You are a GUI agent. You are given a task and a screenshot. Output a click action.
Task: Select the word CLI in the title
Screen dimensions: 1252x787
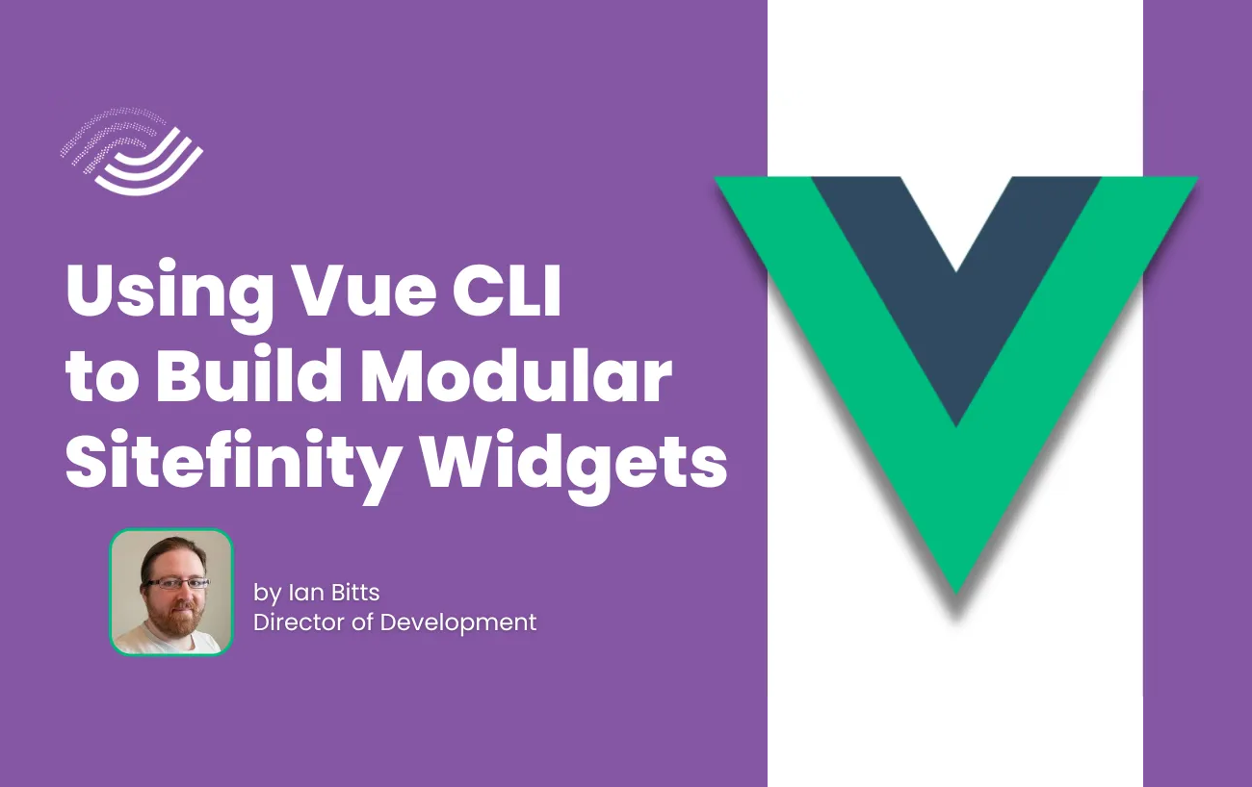(507, 291)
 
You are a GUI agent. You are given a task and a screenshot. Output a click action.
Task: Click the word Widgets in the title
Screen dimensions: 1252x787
(574, 463)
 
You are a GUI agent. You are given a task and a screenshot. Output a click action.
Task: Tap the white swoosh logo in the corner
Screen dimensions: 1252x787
(133, 151)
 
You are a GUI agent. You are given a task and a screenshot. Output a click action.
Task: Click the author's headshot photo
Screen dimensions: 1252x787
(171, 592)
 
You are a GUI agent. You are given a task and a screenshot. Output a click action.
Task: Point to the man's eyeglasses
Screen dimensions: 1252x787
(175, 584)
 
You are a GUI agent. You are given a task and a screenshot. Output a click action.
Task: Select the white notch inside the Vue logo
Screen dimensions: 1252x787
(956, 217)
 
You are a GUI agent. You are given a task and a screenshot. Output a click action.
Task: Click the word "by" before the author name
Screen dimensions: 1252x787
(267, 595)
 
